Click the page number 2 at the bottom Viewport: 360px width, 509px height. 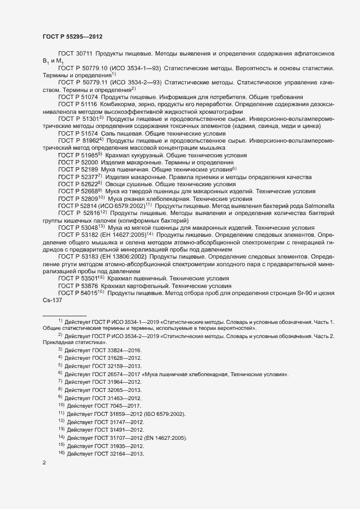pos(44,464)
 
